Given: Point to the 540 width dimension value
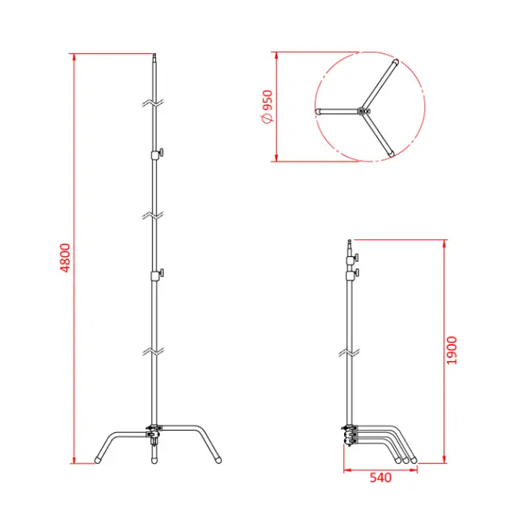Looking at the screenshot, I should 380,477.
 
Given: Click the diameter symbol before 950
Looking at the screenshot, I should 268,120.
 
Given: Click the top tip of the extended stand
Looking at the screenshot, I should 153,57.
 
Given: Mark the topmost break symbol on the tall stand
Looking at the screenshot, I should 153,103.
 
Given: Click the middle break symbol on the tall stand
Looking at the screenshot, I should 153,214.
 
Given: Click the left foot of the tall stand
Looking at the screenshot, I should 99,460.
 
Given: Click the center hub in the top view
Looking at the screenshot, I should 365,110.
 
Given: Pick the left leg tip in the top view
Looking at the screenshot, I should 317,111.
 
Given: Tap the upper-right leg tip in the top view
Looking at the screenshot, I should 394,61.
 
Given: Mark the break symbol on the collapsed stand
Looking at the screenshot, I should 350,353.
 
